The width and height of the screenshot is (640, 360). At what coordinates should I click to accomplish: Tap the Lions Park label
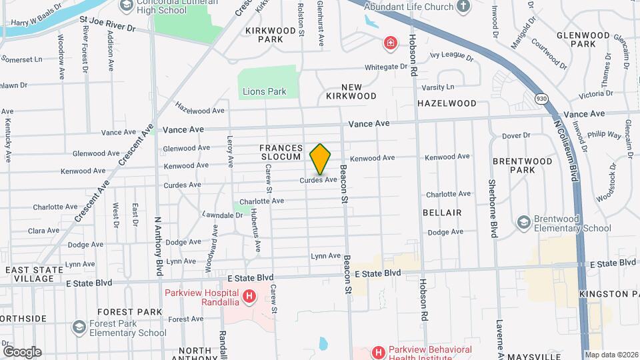264,91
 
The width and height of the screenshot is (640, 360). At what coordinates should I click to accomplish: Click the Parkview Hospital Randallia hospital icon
249,295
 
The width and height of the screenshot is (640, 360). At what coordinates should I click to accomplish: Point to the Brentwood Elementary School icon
523,221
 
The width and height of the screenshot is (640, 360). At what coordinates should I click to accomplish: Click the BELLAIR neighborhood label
442,212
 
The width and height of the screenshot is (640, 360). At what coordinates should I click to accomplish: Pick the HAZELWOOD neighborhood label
447,103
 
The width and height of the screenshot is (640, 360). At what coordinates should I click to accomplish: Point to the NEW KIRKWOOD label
351,91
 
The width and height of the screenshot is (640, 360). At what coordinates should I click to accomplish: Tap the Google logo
22,351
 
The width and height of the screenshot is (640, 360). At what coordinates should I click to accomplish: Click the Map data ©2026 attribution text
611,355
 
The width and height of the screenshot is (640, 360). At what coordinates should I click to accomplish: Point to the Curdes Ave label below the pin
318,179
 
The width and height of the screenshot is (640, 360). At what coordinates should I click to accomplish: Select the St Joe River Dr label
107,29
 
